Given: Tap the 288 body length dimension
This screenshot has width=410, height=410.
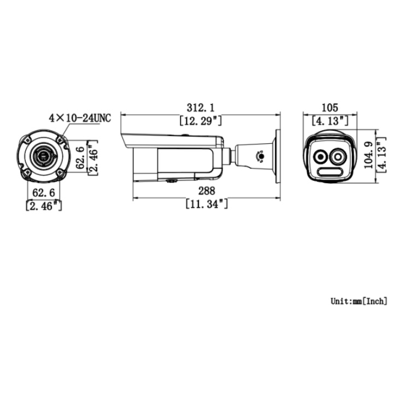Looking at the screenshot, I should (207, 190).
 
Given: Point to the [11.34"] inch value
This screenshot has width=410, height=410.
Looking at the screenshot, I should (207, 204).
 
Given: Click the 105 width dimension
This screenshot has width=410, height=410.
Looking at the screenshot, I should (330, 107).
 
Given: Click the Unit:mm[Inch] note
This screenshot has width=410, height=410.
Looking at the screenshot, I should (359, 301).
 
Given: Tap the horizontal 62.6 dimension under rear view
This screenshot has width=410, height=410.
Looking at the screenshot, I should (44, 192).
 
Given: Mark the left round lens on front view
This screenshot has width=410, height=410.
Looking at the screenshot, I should (320, 157).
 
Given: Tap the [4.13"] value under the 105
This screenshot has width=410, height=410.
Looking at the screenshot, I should (330, 120).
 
